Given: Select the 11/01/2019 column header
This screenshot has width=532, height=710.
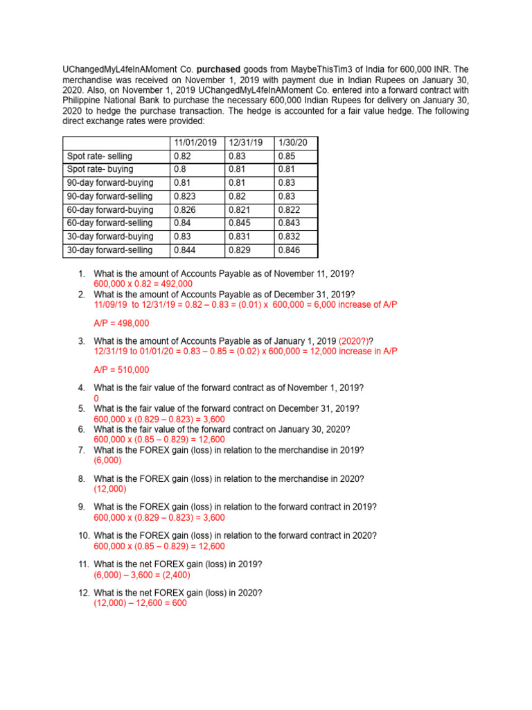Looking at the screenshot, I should [x=195, y=142].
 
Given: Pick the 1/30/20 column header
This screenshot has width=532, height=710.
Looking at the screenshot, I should [x=292, y=142].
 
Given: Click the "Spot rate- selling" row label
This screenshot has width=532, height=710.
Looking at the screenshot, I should [x=98, y=156].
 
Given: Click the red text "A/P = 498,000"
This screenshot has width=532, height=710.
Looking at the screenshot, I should [x=121, y=323].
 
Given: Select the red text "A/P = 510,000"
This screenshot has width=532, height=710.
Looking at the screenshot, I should [x=121, y=370].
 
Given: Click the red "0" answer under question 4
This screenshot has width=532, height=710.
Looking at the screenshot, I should [x=96, y=399].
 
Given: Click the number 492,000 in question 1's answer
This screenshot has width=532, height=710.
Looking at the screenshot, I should [x=177, y=284].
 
